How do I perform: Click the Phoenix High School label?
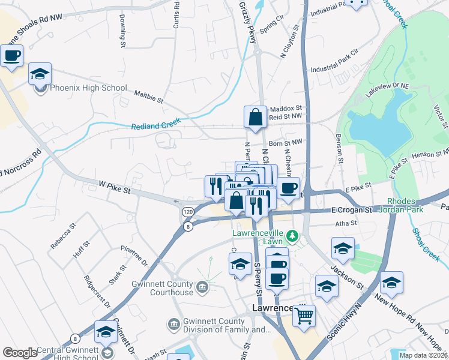point(88,88)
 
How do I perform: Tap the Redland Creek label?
point(156,123)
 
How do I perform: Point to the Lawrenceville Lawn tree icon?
point(292,235)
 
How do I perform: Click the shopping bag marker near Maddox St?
point(255,117)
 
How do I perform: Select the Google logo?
point(20,353)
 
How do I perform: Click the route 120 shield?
point(188,212)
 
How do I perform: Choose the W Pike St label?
point(114,188)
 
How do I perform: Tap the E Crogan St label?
point(352,211)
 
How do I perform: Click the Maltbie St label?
point(149,97)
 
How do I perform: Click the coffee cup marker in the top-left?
point(12,56)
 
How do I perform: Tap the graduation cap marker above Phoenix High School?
point(40,74)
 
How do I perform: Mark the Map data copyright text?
point(423,355)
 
